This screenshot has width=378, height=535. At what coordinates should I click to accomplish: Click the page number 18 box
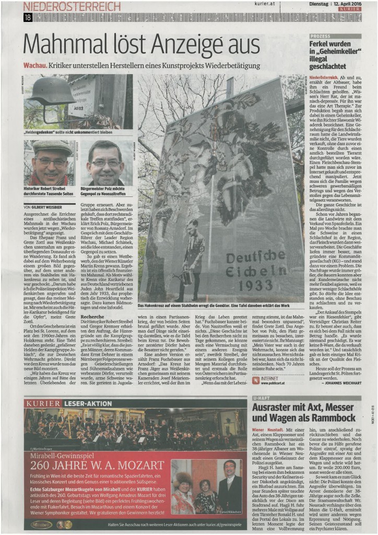pyautogui.click(x=28, y=17)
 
